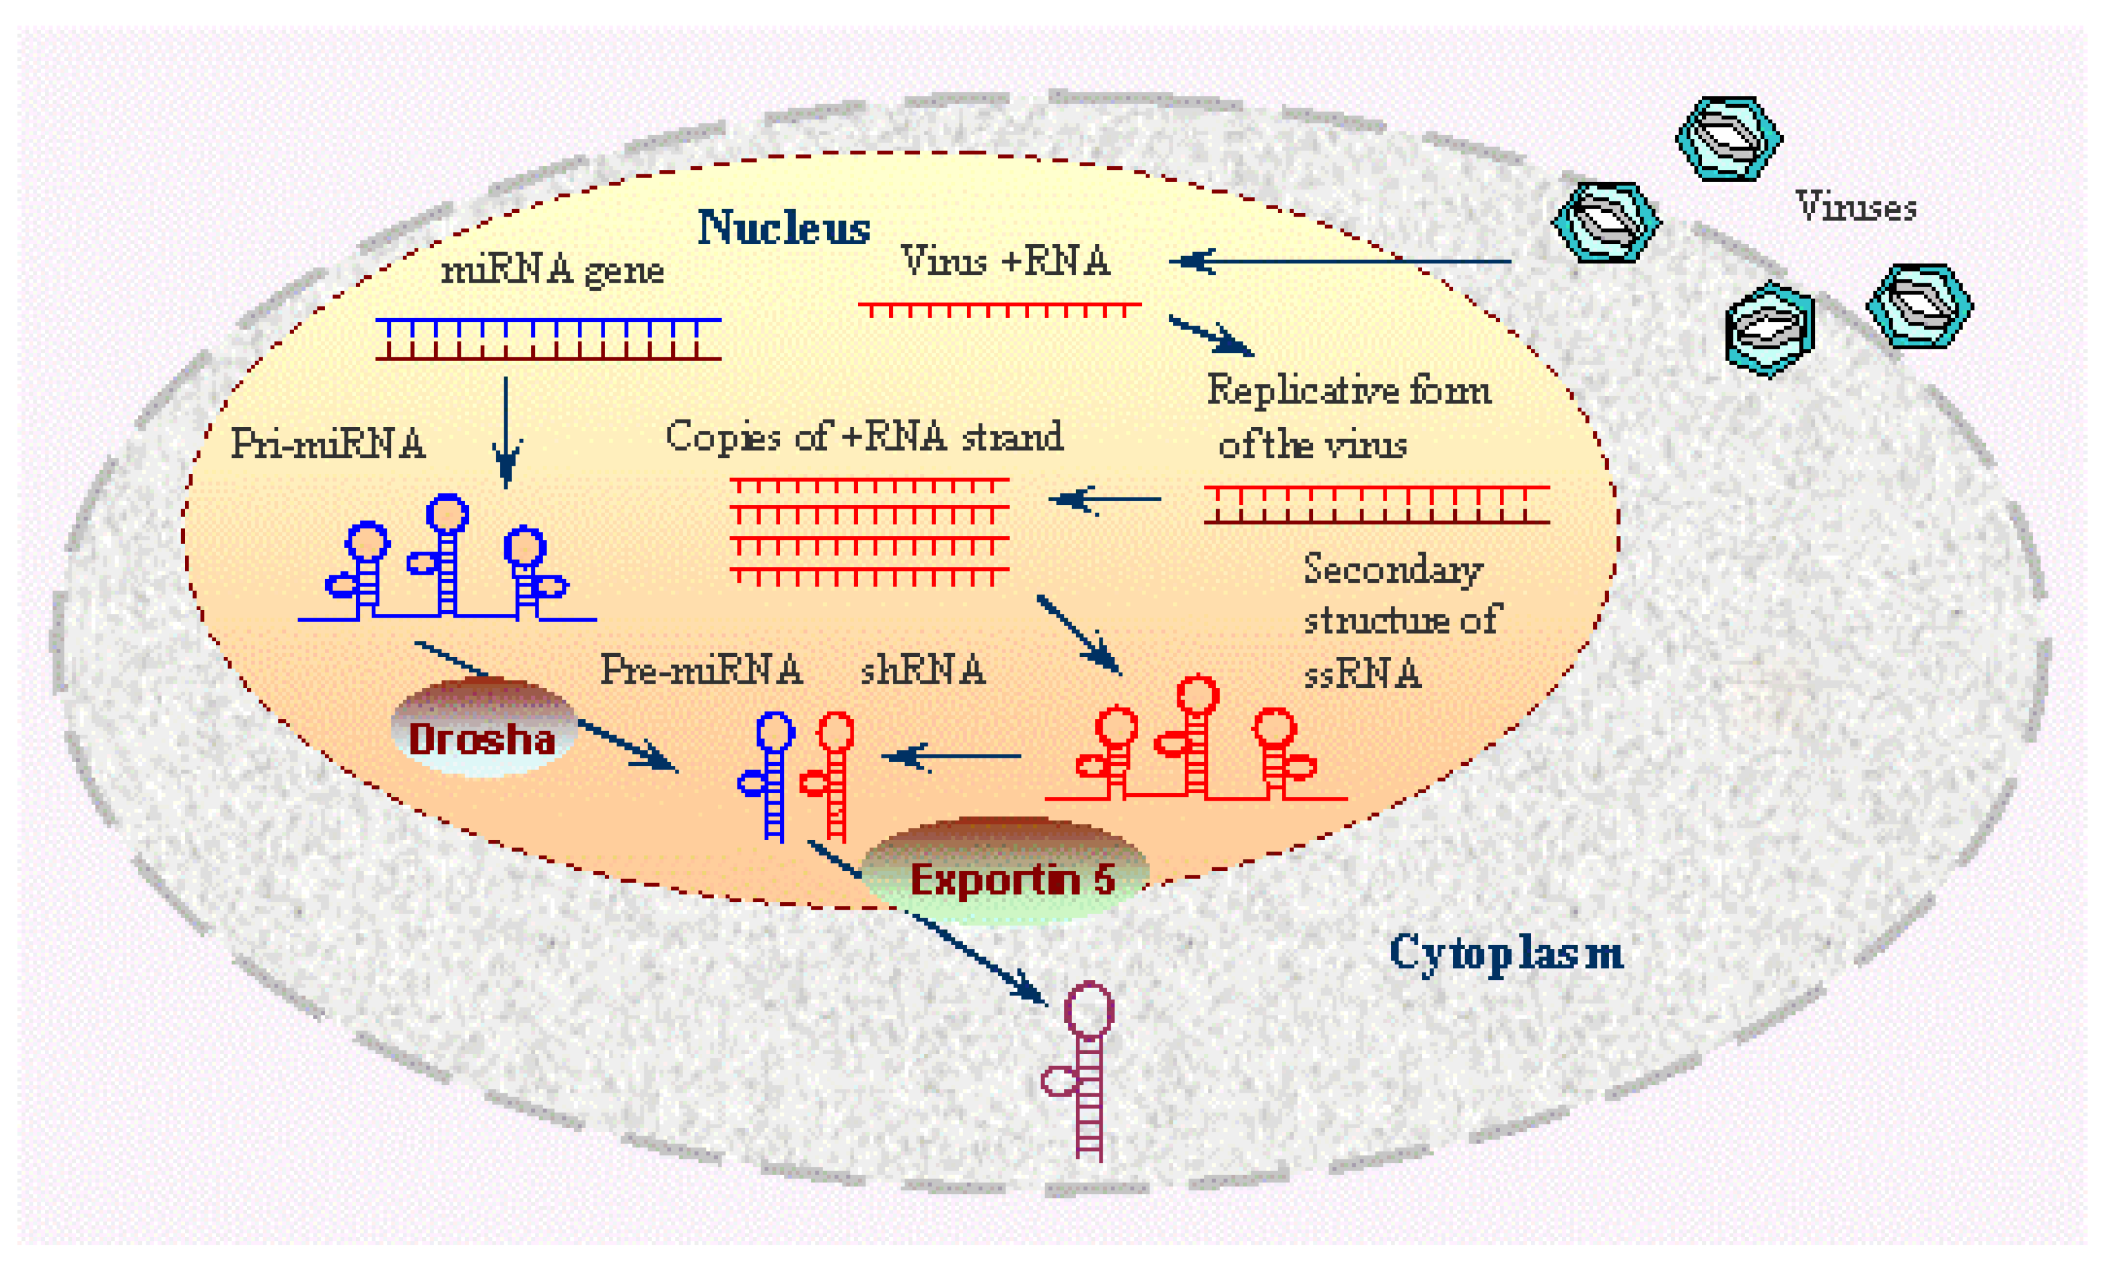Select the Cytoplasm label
(1505, 953)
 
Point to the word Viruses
(1855, 207)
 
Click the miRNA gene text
(552, 271)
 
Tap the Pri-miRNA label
(328, 444)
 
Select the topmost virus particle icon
(1728, 138)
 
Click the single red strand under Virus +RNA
(999, 308)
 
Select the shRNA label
(923, 670)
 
